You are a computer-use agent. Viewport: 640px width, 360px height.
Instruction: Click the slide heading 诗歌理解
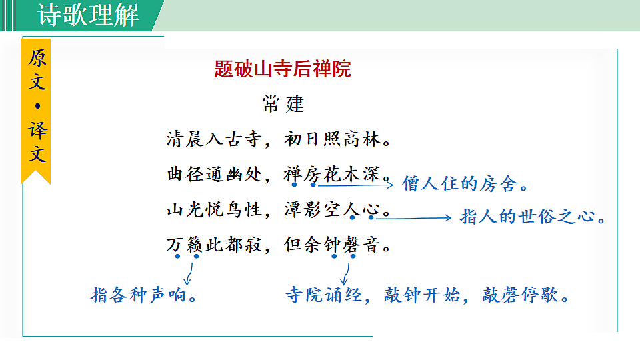click(x=88, y=15)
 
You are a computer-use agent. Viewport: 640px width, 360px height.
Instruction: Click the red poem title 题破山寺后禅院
click(x=283, y=69)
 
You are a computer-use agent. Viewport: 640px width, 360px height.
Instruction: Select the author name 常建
click(x=283, y=104)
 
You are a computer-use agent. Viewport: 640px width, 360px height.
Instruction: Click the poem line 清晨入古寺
click(x=214, y=140)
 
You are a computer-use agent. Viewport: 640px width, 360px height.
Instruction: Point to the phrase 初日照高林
click(x=336, y=140)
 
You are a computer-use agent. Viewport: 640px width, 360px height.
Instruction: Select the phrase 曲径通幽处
click(x=214, y=175)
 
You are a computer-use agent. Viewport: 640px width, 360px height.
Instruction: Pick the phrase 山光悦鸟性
click(x=214, y=211)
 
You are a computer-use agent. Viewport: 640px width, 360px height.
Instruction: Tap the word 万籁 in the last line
click(x=184, y=246)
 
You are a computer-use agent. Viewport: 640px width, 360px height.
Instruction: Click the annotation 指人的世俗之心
click(x=533, y=217)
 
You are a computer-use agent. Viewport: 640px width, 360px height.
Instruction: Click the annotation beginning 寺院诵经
click(x=427, y=295)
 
